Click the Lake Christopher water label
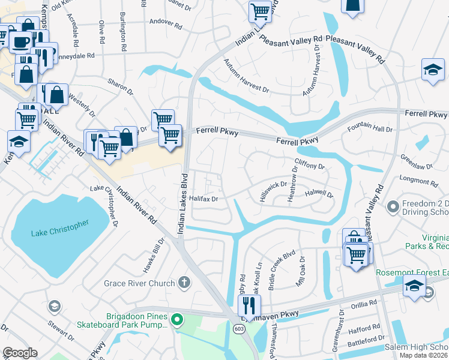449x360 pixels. (58, 228)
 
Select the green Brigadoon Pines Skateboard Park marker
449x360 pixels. (176, 319)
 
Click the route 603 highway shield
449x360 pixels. (239, 329)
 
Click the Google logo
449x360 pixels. (20, 353)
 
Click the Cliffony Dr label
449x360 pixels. (309, 163)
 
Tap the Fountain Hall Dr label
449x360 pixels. (370, 128)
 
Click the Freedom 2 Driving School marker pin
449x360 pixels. (393, 207)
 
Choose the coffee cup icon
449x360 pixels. (21, 42)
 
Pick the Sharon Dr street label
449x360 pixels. (120, 86)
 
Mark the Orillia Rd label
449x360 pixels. (365, 303)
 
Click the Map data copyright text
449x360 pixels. (423, 355)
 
